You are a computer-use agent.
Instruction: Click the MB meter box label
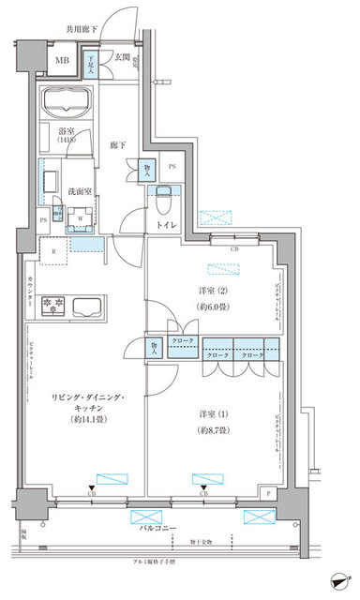point(63,63)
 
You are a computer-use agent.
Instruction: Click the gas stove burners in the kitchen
point(52,305)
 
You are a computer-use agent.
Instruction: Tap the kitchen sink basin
point(89,305)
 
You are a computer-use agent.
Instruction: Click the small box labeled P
point(269,490)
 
